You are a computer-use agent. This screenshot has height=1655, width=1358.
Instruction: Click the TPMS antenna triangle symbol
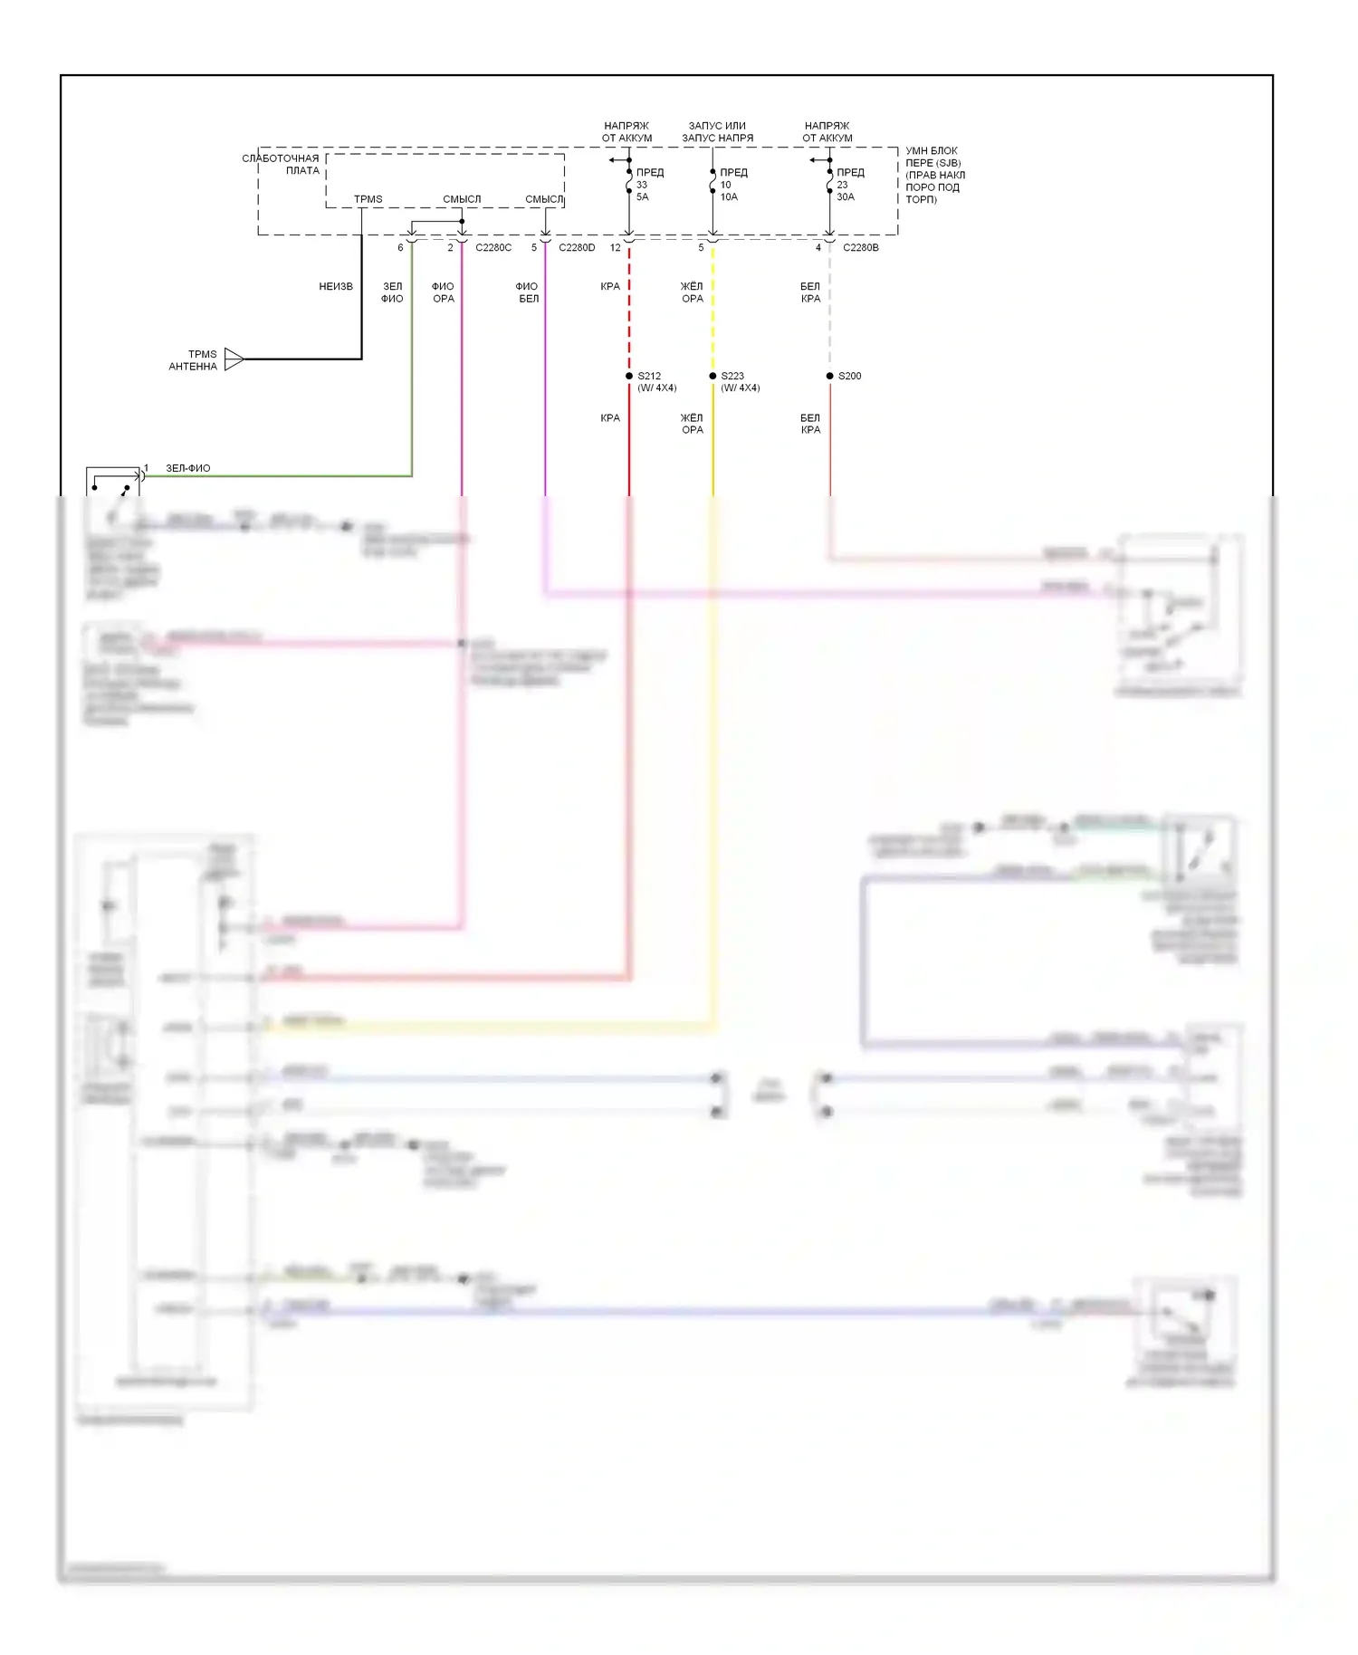pyautogui.click(x=234, y=359)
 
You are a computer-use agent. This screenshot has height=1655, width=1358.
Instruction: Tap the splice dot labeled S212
pyautogui.click(x=629, y=376)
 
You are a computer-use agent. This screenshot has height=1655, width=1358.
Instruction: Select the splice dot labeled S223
pyautogui.click(x=712, y=376)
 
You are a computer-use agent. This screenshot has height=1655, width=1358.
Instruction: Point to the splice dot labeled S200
pyautogui.click(x=829, y=376)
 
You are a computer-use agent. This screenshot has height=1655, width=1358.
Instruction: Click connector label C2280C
pyautogui.click(x=493, y=248)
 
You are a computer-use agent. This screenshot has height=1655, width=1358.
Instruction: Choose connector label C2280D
pyautogui.click(x=577, y=248)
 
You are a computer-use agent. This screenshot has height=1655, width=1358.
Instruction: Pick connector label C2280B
pyautogui.click(x=860, y=248)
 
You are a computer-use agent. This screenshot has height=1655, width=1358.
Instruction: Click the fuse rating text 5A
pyautogui.click(x=642, y=197)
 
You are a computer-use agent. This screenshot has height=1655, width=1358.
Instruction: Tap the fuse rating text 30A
pyautogui.click(x=845, y=197)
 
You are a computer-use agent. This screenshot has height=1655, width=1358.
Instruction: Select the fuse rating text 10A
pyautogui.click(x=729, y=197)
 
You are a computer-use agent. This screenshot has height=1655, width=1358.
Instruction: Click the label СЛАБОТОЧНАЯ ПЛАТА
pyautogui.click(x=282, y=164)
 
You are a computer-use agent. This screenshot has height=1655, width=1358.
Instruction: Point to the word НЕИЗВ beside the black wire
pyautogui.click(x=336, y=287)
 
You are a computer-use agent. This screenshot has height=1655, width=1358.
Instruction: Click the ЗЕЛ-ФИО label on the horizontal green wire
pyautogui.click(x=188, y=469)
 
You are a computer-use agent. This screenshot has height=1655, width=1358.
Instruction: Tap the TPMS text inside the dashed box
pyautogui.click(x=368, y=199)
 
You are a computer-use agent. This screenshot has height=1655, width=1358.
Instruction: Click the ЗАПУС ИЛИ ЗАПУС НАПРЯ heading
pyautogui.click(x=717, y=132)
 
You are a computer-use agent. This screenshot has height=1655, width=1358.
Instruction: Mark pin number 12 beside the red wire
pyautogui.click(x=616, y=248)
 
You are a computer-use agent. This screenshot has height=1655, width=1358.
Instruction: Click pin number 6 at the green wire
pyautogui.click(x=400, y=248)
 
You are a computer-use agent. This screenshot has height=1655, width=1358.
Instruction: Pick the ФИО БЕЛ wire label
pyautogui.click(x=528, y=292)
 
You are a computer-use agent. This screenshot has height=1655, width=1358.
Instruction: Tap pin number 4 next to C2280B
pyautogui.click(x=818, y=248)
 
